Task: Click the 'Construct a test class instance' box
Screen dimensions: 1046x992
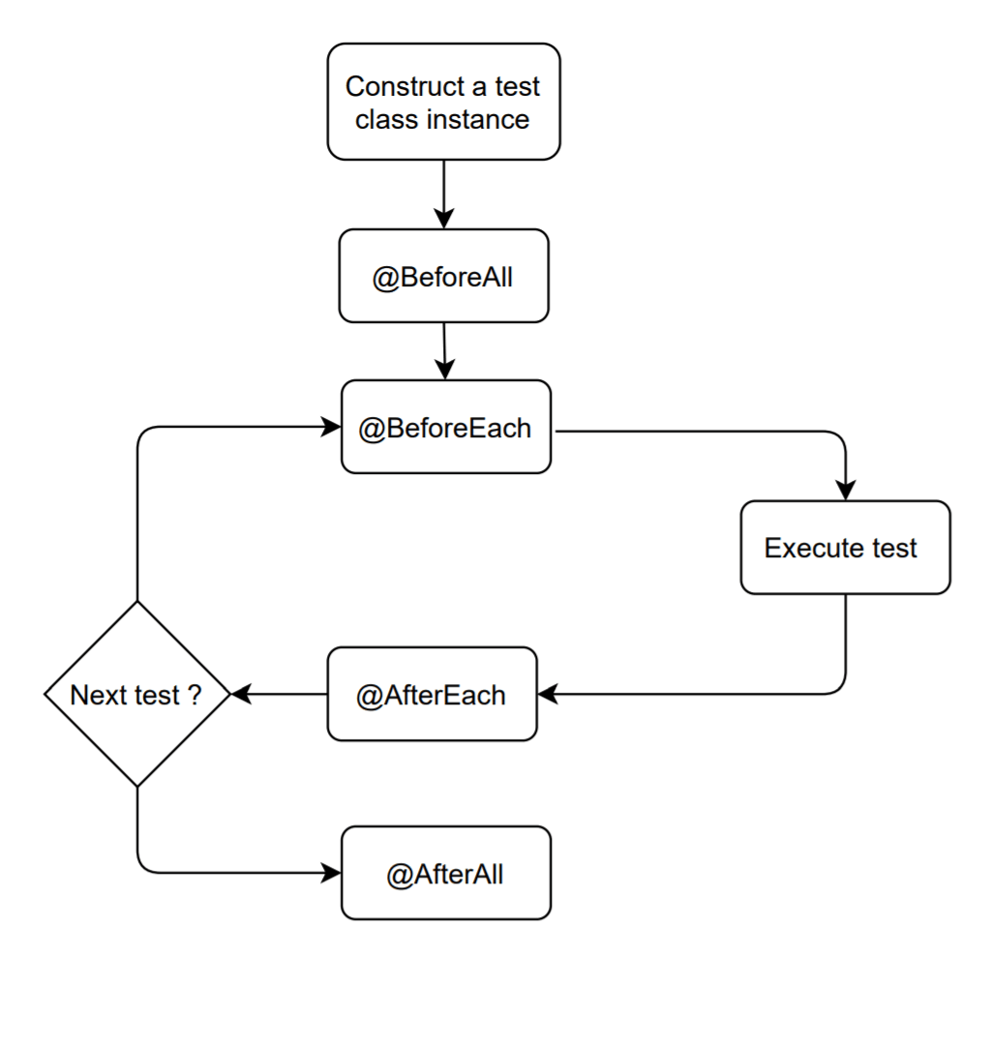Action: (x=443, y=102)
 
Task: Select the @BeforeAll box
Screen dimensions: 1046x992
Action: (x=443, y=276)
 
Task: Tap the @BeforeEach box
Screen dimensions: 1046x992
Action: (x=445, y=427)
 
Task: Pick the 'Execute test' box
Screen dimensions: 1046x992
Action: (x=845, y=548)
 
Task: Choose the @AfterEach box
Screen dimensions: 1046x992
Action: (x=432, y=694)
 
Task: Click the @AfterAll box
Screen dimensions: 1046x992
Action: (x=445, y=873)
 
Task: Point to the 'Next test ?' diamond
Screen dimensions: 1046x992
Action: (x=137, y=694)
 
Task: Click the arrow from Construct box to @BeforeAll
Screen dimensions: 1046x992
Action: (x=443, y=194)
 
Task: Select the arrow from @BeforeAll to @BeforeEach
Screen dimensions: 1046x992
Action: (x=444, y=350)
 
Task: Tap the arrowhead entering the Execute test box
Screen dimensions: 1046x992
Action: (x=846, y=491)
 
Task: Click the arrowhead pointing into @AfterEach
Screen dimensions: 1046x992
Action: (x=548, y=694)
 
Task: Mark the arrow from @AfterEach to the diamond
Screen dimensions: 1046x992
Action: (x=279, y=694)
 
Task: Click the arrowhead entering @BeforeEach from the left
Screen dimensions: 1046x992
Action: (x=332, y=427)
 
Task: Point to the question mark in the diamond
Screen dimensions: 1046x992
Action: (x=195, y=695)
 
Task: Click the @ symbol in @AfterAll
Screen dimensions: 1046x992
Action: (x=398, y=875)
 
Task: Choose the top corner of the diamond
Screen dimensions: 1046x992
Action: (x=137, y=603)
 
